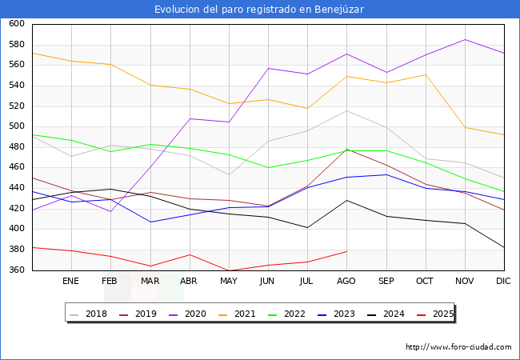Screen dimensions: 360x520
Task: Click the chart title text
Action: coord(260,9)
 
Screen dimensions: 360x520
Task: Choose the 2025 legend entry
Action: coord(442,314)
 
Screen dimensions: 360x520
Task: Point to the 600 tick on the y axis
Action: coord(17,24)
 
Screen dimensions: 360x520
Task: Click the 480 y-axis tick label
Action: coord(17,147)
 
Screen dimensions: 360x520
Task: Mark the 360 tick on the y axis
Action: coord(17,270)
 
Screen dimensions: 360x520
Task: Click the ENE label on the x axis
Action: coord(71,281)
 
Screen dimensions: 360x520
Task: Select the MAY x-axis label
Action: coord(228,281)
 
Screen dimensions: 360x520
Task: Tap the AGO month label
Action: coord(346,281)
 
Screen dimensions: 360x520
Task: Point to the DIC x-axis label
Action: coord(503,281)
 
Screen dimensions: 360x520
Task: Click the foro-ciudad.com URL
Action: coord(458,347)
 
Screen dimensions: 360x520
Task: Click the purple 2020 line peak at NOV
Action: coord(464,39)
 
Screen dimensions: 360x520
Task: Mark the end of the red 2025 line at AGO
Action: coord(346,251)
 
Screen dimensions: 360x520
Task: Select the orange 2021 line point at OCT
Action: coord(425,74)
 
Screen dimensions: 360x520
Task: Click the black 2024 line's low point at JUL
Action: coord(307,228)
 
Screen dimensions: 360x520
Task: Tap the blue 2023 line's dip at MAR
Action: coord(150,222)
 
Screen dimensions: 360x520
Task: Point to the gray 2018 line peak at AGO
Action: coord(346,110)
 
